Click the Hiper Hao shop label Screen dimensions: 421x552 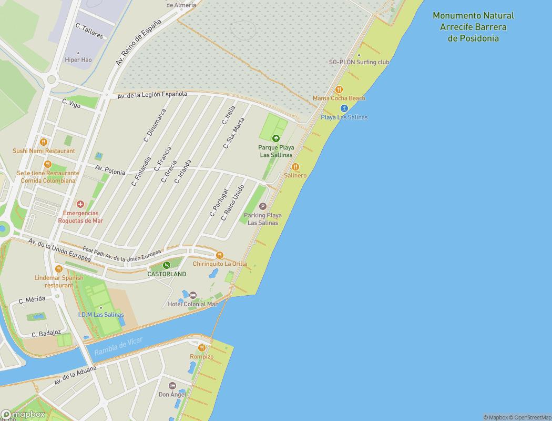[x=78, y=60]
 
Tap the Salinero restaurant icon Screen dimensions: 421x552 [x=295, y=167]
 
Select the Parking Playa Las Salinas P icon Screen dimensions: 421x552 [x=263, y=206]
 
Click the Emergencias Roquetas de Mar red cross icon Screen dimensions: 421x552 [x=80, y=204]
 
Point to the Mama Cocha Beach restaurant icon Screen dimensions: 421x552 [x=339, y=89]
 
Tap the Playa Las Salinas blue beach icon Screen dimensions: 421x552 [x=344, y=108]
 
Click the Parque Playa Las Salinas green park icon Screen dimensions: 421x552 [x=276, y=139]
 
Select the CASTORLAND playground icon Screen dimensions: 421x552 [x=167, y=265]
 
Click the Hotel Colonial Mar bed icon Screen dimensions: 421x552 [x=192, y=295]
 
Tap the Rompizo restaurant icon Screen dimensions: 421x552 [x=202, y=348]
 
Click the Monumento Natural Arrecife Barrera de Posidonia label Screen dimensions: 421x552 [x=473, y=27]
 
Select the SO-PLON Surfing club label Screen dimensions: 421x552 [x=359, y=62]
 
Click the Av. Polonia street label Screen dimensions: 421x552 [x=110, y=169]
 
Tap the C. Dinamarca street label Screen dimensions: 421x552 [x=155, y=125]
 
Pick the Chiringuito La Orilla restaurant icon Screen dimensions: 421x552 [x=220, y=255]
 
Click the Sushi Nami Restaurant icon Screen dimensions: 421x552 [x=44, y=142]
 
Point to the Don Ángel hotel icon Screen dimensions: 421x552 [x=172, y=386]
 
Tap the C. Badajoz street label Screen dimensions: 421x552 [x=46, y=334]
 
